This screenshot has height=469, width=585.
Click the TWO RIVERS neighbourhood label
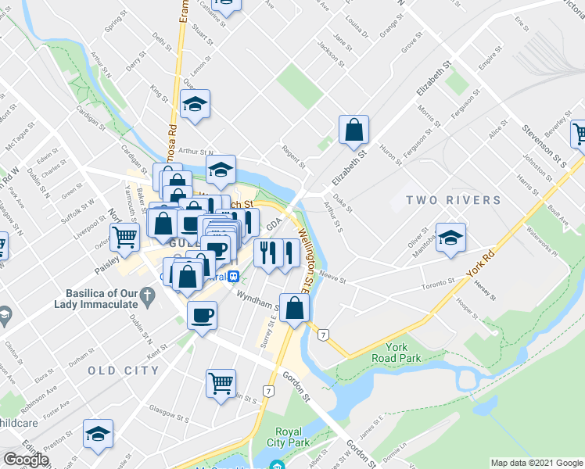(x=454, y=201)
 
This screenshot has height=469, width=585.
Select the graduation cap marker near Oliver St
(x=450, y=238)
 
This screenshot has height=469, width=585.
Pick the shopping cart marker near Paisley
(x=124, y=236)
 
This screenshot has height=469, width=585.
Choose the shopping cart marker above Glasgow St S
(x=221, y=383)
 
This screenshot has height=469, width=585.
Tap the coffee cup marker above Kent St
(x=203, y=316)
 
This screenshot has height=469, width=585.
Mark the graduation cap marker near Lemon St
(x=195, y=105)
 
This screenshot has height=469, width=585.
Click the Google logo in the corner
(x=26, y=460)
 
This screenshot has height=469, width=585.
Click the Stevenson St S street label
(x=544, y=144)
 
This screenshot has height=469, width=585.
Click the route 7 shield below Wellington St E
(x=322, y=335)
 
